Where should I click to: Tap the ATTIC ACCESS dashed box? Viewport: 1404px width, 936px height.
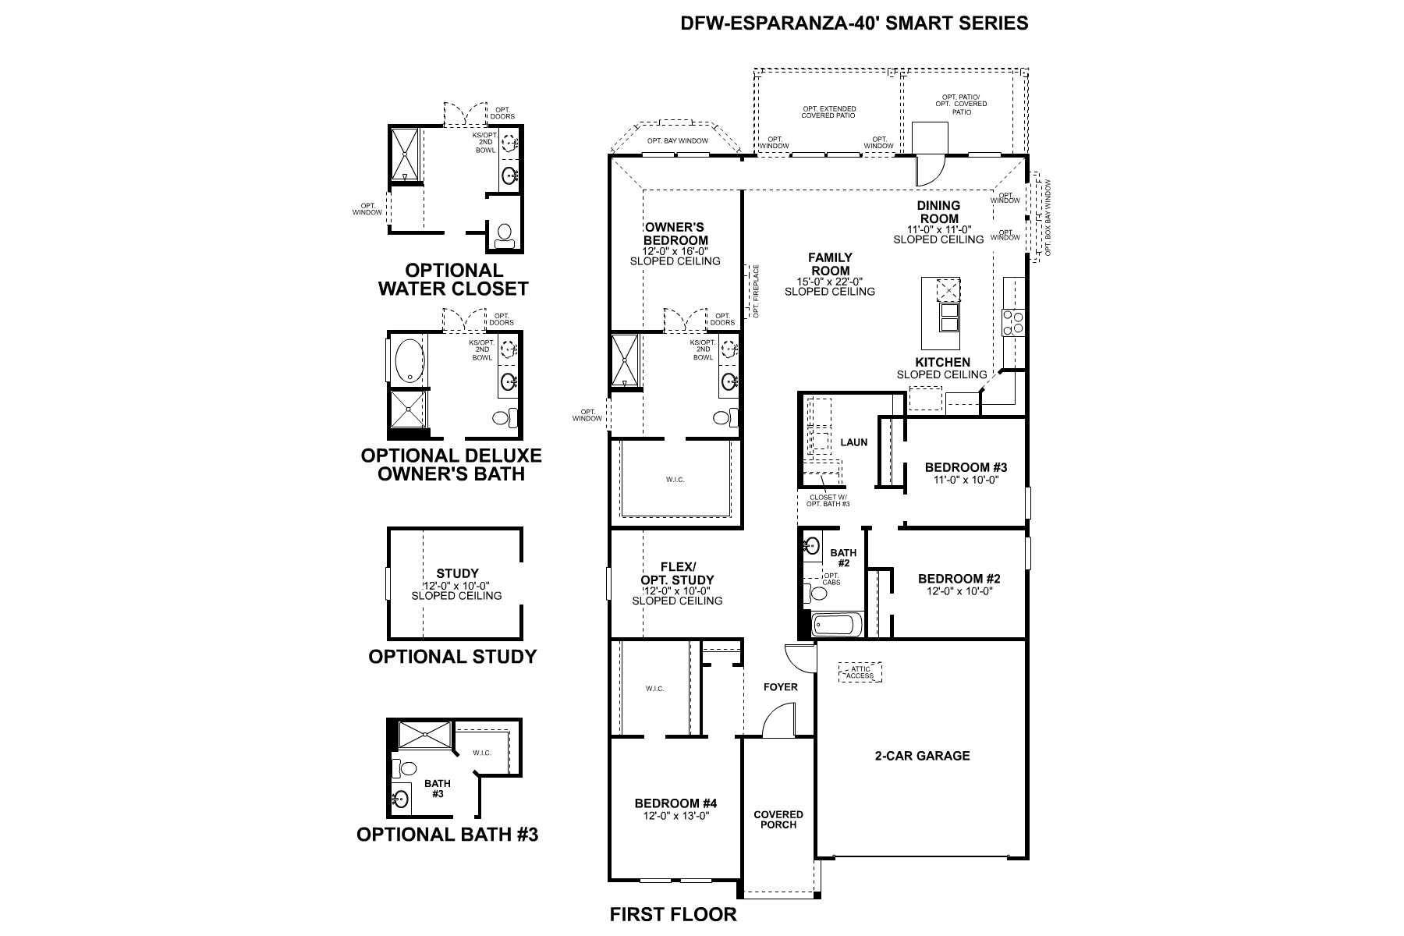(x=860, y=672)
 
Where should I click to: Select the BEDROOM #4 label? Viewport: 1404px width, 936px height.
(x=675, y=803)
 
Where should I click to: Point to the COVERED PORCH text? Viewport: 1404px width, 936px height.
(x=778, y=819)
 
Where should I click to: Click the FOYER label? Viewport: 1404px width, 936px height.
(x=780, y=687)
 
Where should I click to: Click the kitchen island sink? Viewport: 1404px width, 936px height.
(x=949, y=318)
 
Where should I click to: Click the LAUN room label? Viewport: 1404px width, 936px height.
(x=854, y=442)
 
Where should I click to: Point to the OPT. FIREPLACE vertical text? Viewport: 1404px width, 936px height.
(x=755, y=291)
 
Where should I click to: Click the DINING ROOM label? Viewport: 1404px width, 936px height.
(x=938, y=212)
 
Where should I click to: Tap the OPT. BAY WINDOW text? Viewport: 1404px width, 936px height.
(x=677, y=141)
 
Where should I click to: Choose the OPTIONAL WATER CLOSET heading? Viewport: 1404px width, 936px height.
(x=453, y=279)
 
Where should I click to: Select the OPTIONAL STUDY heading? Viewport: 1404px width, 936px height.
(x=452, y=657)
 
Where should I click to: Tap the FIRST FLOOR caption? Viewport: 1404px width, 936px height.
(x=672, y=914)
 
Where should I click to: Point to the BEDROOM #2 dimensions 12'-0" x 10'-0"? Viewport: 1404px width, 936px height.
(x=959, y=591)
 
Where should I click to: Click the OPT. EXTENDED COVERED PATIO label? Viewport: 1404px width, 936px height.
(x=828, y=112)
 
